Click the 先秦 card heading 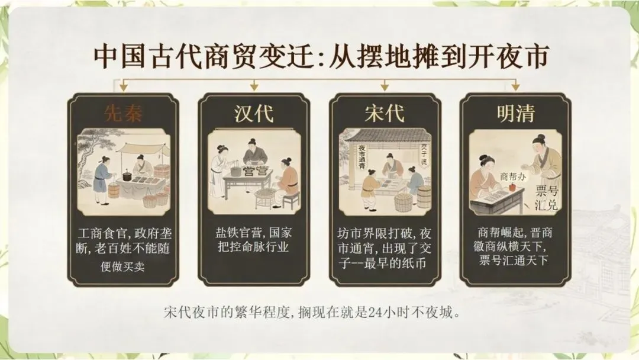(x=123, y=113)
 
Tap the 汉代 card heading (x=253, y=113)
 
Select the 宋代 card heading (x=385, y=113)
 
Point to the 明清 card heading (x=515, y=113)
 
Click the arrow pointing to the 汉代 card (x=254, y=85)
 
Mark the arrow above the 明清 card (x=515, y=85)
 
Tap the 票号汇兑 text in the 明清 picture (x=547, y=197)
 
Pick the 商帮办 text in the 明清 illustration (x=513, y=176)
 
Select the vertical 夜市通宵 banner (x=362, y=156)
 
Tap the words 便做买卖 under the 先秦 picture (x=122, y=266)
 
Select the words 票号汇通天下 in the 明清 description (x=514, y=260)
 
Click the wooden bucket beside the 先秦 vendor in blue (x=114, y=191)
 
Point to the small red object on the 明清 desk (x=512, y=187)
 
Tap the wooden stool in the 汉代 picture (x=291, y=200)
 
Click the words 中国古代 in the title (x=147, y=56)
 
